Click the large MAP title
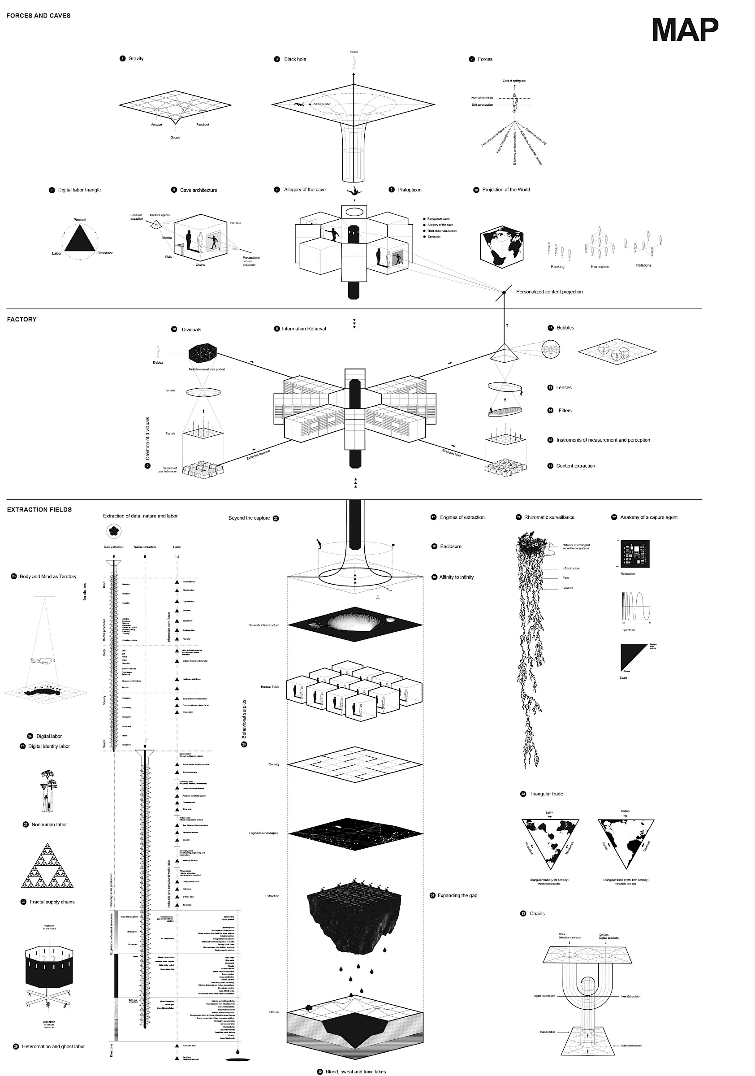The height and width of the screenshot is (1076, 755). (x=685, y=30)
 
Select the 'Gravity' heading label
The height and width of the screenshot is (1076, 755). (x=136, y=59)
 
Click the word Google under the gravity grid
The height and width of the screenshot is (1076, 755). (x=175, y=137)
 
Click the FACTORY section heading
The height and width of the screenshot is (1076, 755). (x=22, y=319)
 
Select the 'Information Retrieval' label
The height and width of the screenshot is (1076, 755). (x=303, y=329)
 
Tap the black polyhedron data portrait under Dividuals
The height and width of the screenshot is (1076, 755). (x=203, y=353)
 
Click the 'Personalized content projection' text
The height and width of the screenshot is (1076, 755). (x=549, y=291)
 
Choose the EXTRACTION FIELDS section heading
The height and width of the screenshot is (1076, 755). (x=39, y=509)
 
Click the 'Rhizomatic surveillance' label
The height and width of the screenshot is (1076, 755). (x=549, y=517)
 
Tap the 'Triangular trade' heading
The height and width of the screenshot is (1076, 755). (x=546, y=794)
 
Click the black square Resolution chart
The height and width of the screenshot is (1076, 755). (x=634, y=554)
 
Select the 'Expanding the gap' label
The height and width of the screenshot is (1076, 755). (x=457, y=896)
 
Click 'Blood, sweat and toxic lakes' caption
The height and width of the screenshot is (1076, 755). (x=355, y=1072)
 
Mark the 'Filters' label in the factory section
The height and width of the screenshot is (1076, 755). (x=565, y=411)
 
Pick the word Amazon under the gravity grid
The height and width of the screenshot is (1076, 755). (x=156, y=125)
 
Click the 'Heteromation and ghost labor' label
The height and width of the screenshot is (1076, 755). (x=53, y=1046)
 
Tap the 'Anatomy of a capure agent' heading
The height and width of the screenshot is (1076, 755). (x=649, y=517)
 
